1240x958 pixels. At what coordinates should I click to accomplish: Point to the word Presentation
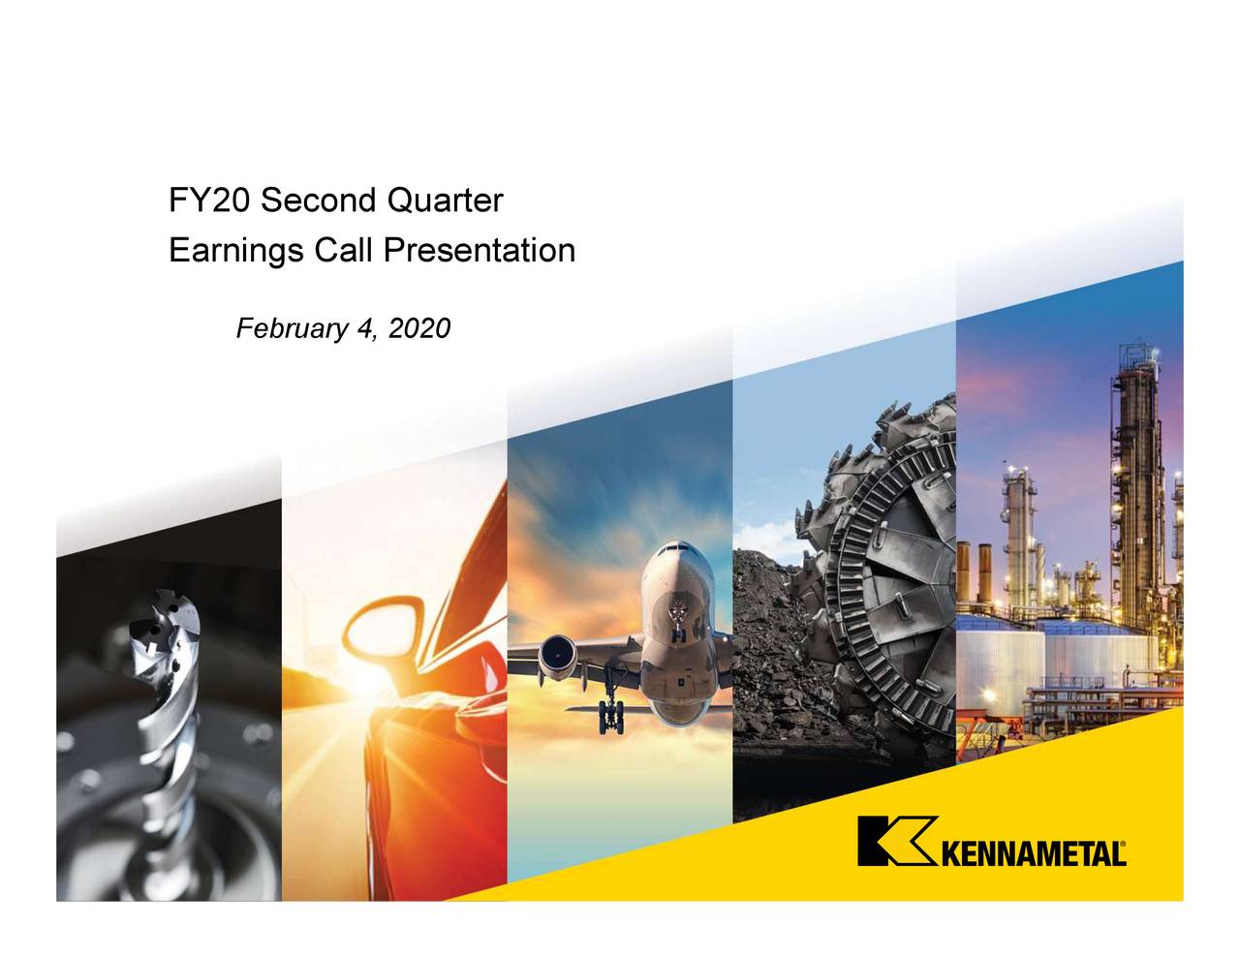coord(479,252)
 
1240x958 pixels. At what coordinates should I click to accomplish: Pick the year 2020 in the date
coord(418,329)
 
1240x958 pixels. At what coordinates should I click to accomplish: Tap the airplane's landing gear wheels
coord(612,717)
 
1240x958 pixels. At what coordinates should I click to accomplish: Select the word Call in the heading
coord(343,252)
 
